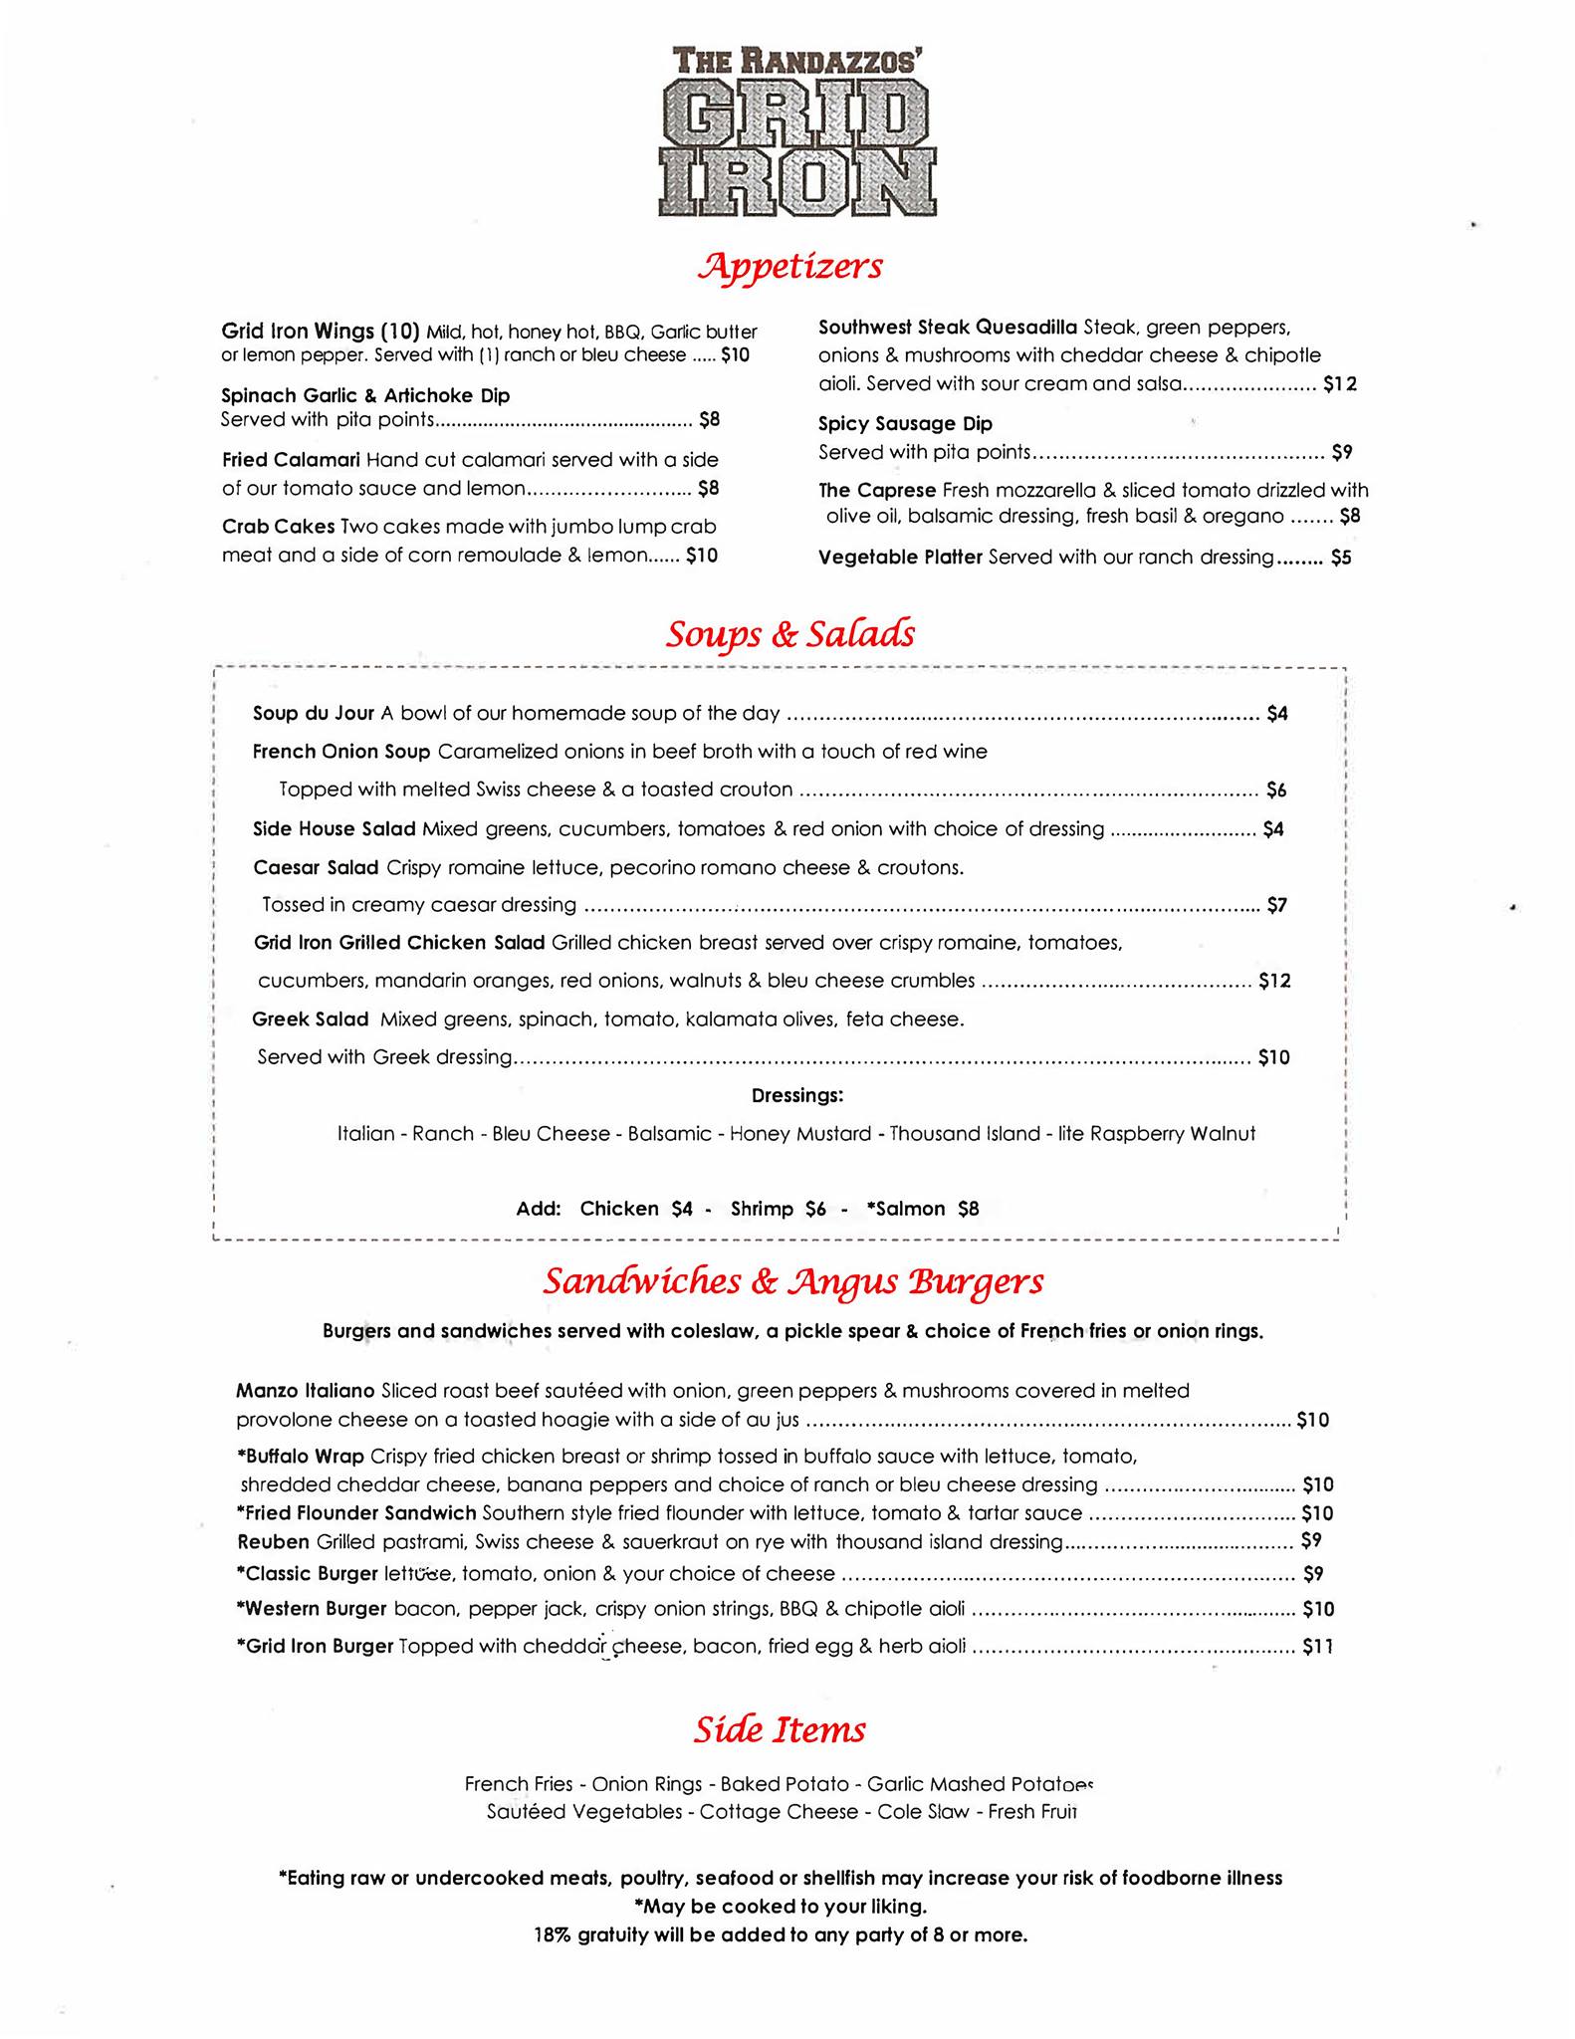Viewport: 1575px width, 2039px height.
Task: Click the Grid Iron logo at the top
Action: tap(796, 132)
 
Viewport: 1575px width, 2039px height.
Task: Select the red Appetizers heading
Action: tap(790, 266)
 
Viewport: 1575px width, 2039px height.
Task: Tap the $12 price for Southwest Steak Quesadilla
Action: tap(1339, 384)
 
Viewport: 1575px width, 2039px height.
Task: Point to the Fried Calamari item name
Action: tap(290, 460)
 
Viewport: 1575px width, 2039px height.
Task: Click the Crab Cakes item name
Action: tap(278, 527)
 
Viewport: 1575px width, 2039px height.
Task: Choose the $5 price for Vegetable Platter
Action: tap(1341, 558)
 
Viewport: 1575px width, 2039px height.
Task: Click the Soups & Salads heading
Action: tap(789, 635)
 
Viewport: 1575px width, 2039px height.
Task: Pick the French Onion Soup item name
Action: tap(341, 752)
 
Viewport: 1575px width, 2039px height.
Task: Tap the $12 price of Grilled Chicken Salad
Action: tap(1274, 981)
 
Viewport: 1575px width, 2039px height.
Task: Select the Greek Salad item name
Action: tap(310, 1019)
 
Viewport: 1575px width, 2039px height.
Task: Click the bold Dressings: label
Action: tap(797, 1095)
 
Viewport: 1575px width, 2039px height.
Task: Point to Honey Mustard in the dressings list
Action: tap(800, 1134)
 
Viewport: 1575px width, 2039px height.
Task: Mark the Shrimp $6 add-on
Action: tap(778, 1209)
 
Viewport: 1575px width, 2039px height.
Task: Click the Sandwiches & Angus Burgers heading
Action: tap(792, 1281)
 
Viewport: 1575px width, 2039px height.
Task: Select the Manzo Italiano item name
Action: tap(305, 1390)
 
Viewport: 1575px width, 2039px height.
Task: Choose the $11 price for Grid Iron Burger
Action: tap(1317, 1648)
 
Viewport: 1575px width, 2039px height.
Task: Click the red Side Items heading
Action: tap(780, 1730)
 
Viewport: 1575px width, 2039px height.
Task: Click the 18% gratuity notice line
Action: tap(781, 1935)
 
